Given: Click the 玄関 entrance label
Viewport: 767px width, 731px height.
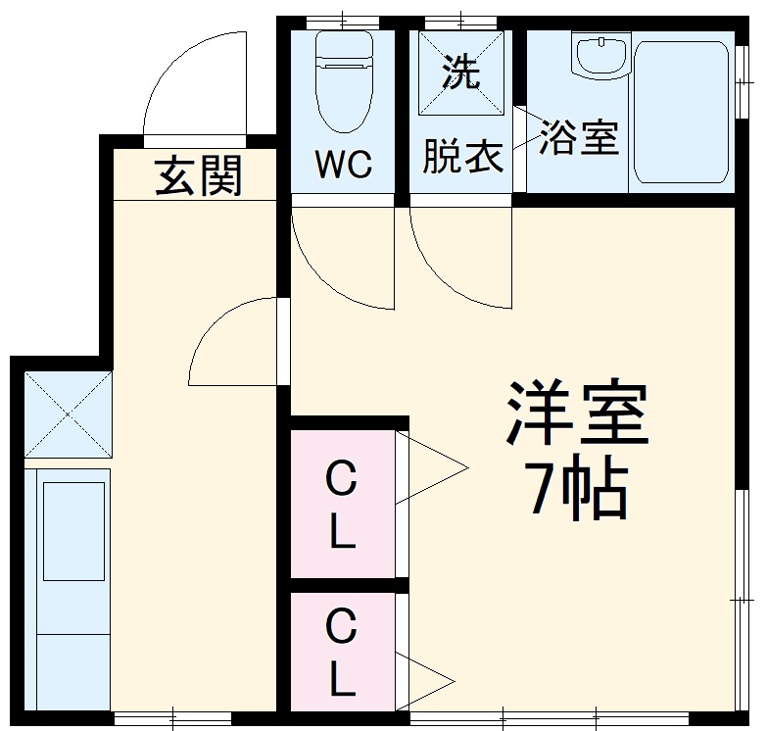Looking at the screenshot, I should tap(199, 176).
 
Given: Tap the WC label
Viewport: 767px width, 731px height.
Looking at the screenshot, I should tap(343, 165).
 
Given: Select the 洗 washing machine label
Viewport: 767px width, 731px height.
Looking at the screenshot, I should tap(459, 71).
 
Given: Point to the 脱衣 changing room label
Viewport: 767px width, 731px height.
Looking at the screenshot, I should tap(461, 157).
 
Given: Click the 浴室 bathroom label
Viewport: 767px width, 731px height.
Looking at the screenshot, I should tap(579, 139).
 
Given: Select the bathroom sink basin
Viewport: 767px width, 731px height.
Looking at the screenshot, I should tap(599, 57).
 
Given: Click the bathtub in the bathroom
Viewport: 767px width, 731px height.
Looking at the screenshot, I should tap(682, 113).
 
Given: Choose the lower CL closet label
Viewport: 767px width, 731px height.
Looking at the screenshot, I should tap(340, 652).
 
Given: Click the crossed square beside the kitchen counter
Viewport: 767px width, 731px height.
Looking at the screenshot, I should tap(66, 414).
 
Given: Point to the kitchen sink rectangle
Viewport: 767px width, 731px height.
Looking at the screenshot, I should tap(73, 529).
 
